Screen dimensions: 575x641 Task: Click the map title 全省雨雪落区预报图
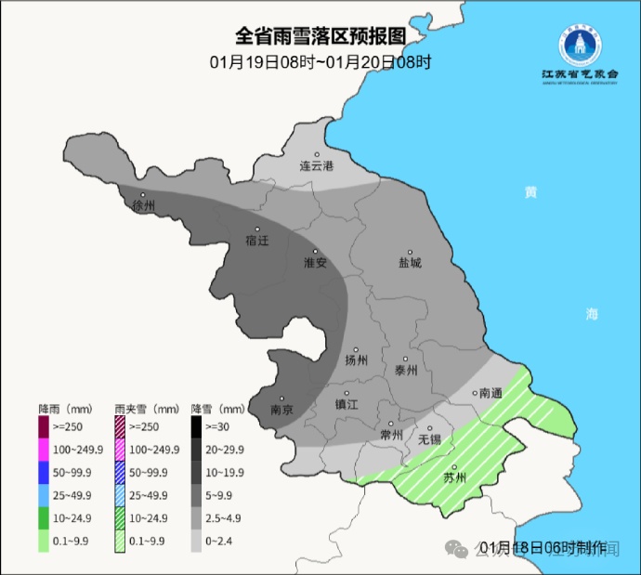(320, 36)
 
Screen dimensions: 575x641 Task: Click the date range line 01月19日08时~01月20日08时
(320, 62)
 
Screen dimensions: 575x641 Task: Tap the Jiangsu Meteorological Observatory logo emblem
(580, 44)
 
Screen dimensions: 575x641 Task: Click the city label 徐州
(144, 205)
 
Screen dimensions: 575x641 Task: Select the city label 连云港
(316, 166)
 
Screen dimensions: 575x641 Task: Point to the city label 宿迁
(257, 241)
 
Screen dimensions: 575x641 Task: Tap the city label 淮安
(316, 263)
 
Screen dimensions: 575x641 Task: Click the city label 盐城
(410, 263)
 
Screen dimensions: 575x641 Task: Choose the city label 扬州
(357, 360)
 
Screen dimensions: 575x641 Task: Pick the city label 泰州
(406, 369)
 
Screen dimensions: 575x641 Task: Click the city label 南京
(281, 410)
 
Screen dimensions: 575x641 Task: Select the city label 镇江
(347, 404)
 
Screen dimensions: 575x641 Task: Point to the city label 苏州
(454, 478)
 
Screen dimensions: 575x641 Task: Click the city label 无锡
(429, 438)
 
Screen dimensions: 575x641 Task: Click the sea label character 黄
(530, 192)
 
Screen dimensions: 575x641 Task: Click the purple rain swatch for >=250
(44, 425)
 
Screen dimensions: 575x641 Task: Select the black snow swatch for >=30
(197, 425)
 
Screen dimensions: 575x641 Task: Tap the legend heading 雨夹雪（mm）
(147, 409)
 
